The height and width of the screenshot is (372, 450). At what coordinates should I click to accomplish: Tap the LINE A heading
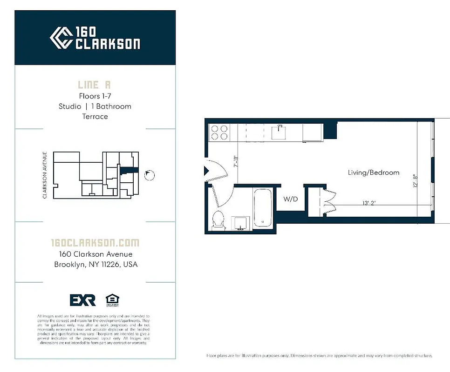(x=95, y=85)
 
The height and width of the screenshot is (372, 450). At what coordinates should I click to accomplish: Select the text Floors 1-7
(x=95, y=96)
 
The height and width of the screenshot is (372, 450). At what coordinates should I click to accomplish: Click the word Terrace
(x=95, y=116)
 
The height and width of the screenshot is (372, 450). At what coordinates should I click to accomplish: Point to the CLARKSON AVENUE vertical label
(x=45, y=175)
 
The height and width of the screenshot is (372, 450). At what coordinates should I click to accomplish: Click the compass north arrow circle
(x=150, y=175)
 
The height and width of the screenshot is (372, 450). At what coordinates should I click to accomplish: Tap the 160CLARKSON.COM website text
(x=95, y=243)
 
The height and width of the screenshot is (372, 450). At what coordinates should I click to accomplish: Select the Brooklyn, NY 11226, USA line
(x=95, y=265)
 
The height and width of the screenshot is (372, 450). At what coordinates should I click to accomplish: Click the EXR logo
(x=83, y=300)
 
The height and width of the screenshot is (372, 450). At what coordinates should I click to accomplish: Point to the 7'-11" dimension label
(x=236, y=161)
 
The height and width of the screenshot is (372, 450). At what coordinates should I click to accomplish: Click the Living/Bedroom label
(x=373, y=173)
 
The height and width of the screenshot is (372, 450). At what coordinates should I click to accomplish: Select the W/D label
(x=291, y=199)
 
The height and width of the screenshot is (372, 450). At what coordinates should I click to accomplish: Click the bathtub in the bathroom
(x=264, y=208)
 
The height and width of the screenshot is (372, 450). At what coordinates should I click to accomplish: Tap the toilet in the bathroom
(x=218, y=221)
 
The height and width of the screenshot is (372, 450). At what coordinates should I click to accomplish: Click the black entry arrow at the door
(x=207, y=171)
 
